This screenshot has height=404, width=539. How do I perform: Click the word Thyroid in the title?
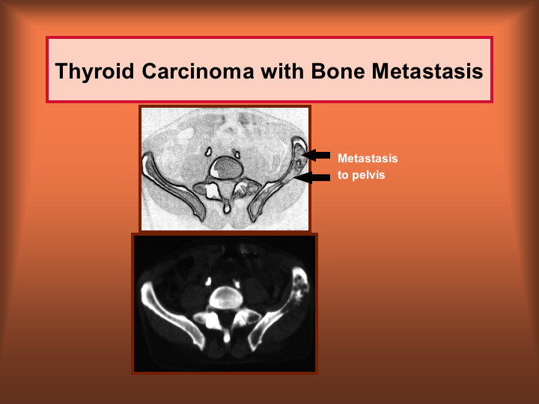[x=94, y=72]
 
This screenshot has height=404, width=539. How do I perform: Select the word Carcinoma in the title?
[x=198, y=71]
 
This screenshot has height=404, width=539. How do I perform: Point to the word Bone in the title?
[x=338, y=71]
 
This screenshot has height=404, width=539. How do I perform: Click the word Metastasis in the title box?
[x=427, y=71]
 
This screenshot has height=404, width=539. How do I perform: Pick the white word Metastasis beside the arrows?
[x=368, y=159]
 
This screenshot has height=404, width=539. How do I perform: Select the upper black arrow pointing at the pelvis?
[x=316, y=155]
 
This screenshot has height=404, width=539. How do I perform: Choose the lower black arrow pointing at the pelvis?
[x=312, y=177]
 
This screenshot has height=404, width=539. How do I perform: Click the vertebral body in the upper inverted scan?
[x=227, y=168]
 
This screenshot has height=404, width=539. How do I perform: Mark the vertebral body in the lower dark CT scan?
[x=226, y=298]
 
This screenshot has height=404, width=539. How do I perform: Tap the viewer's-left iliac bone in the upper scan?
[x=173, y=186]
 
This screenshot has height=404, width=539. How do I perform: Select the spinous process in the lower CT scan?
[x=227, y=335]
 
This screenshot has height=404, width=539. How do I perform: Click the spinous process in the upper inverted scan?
[x=227, y=206]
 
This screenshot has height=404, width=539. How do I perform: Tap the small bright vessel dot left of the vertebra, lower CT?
[x=208, y=281]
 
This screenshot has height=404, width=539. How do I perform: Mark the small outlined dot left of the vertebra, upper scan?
[x=208, y=151]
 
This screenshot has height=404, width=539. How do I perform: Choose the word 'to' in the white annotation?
[x=343, y=175]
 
